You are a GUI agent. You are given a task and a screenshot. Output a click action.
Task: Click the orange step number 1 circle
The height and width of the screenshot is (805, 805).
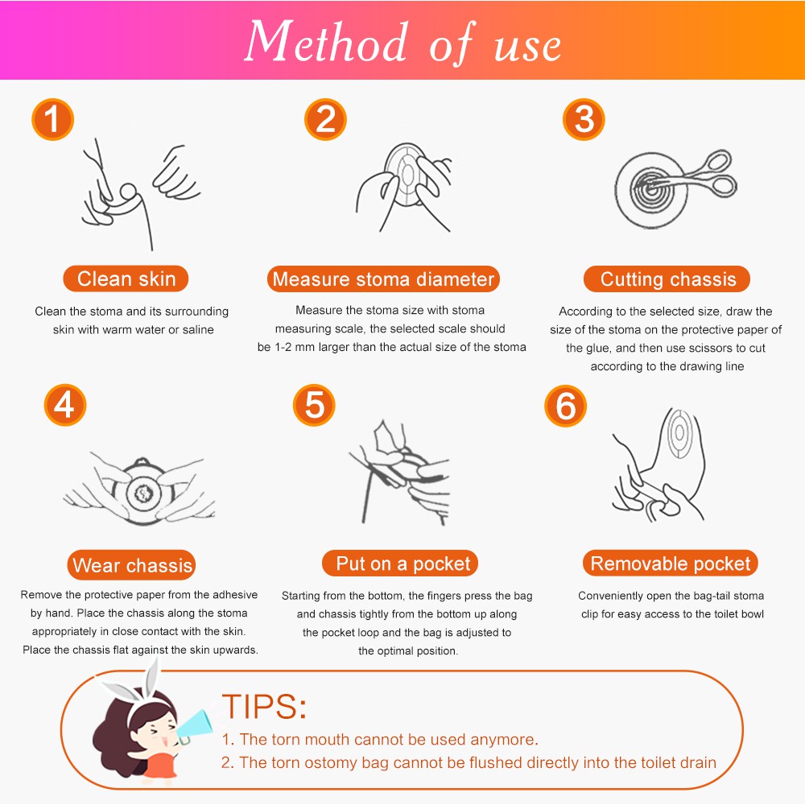(53, 120)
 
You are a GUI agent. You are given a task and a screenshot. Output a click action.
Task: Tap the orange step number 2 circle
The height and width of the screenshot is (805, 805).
(325, 120)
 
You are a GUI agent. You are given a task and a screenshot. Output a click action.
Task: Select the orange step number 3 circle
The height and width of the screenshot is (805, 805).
(584, 120)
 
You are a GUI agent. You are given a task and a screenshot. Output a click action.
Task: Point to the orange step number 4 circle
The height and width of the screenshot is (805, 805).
(65, 405)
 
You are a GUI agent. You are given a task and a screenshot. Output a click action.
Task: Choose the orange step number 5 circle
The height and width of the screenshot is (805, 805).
(314, 405)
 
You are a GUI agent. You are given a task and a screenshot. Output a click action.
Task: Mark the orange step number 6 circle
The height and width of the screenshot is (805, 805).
(565, 406)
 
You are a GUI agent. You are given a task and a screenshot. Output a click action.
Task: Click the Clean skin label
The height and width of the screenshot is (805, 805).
(126, 279)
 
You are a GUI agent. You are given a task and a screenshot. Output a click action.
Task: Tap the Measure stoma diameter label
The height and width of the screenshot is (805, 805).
(383, 279)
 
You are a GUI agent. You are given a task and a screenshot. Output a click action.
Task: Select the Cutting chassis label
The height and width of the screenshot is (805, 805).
(667, 279)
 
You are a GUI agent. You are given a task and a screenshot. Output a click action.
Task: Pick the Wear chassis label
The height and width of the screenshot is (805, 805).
(131, 565)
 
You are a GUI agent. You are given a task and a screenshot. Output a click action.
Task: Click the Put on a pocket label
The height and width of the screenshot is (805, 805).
(400, 563)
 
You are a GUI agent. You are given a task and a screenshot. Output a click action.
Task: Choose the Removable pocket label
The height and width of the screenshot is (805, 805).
(670, 563)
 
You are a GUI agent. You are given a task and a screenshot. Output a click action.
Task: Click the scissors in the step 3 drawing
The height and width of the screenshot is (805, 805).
(689, 177)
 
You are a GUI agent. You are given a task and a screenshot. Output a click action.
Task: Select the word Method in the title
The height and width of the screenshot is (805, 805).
(327, 41)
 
